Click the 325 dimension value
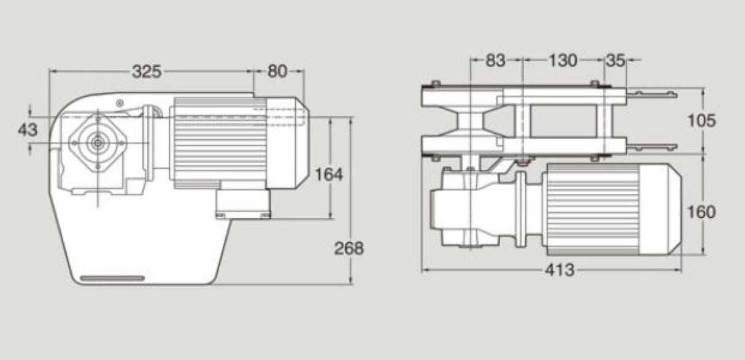[x=147, y=72]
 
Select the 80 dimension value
[x=277, y=72]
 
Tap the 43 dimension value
[x=28, y=129]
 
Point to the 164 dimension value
[x=329, y=174]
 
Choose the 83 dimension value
[x=495, y=60]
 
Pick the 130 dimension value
[x=563, y=60]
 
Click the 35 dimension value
[x=616, y=60]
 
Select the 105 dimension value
[x=702, y=121]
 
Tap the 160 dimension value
[x=702, y=212]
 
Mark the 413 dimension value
[x=560, y=270]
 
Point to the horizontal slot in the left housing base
[x=112, y=278]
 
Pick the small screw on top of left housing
[x=120, y=101]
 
